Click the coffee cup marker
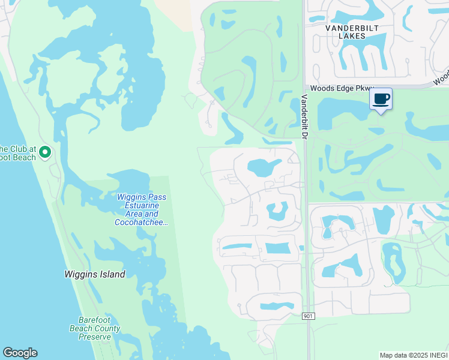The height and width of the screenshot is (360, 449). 381,99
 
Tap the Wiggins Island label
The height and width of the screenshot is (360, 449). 95,274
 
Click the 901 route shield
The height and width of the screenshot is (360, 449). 308,316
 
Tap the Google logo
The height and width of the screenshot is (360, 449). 20,353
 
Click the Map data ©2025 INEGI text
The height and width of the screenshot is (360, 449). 414,355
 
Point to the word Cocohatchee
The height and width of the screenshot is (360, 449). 140,223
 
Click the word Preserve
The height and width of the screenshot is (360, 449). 95,337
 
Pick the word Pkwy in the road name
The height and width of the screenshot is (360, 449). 364,88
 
